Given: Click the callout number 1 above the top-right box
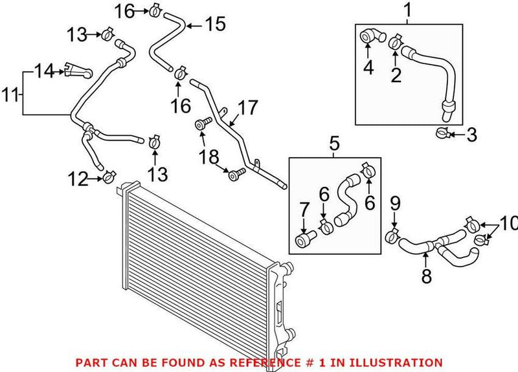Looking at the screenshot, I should click(407, 10).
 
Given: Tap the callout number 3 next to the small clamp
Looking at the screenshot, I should click(471, 135).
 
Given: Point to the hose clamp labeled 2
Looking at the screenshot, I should click(394, 43).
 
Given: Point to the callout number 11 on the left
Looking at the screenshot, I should click(9, 96).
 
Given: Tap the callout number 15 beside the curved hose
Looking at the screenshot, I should click(215, 25).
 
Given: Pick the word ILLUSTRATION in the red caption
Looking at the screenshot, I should click(403, 363).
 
